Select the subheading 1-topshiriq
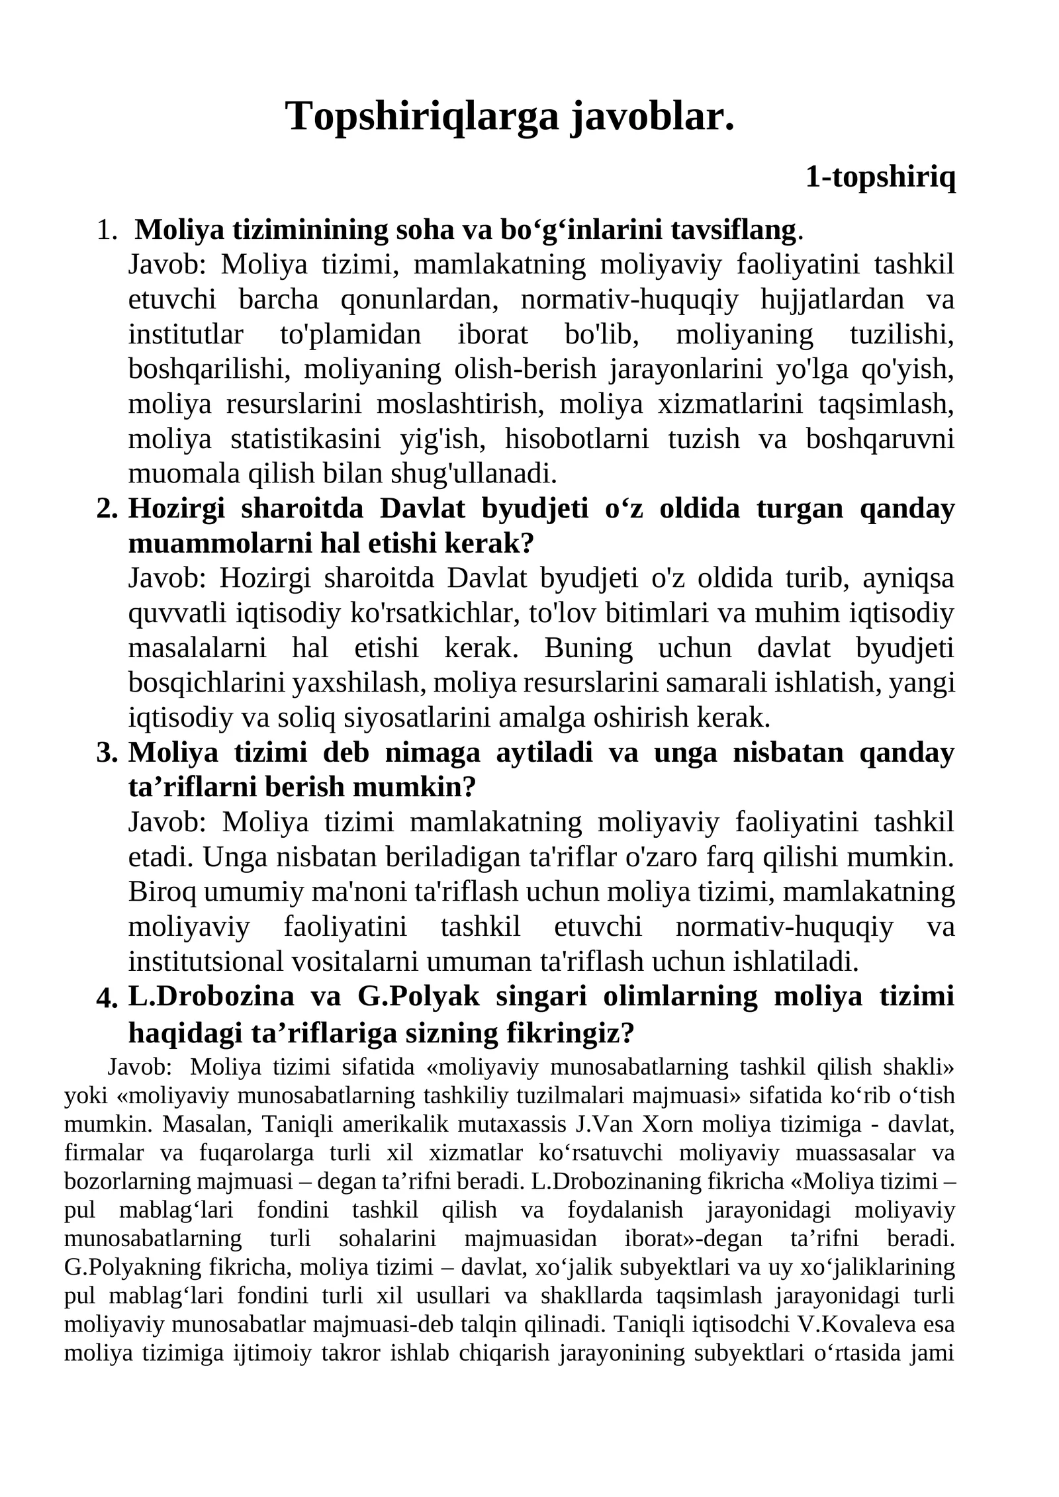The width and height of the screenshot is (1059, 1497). [x=880, y=177]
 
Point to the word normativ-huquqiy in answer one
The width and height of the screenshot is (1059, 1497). [x=629, y=300]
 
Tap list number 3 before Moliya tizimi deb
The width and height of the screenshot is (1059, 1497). [x=107, y=753]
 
